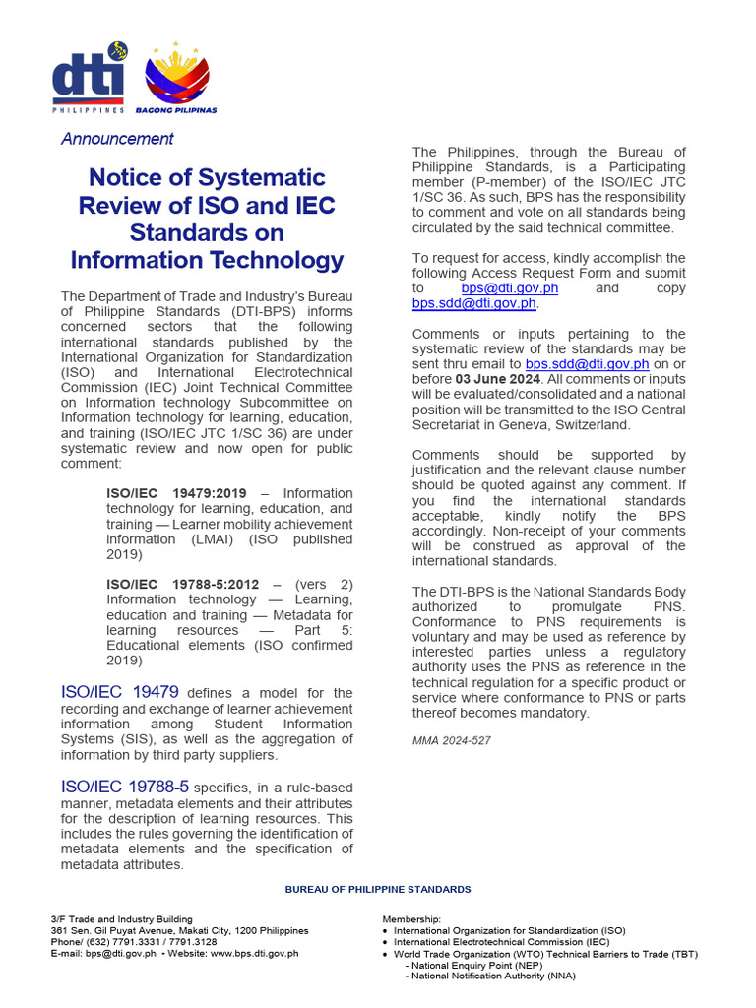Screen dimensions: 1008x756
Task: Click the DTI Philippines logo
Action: (90, 80)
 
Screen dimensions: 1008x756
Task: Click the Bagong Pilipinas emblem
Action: (177, 79)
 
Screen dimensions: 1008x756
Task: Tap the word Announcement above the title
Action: (117, 139)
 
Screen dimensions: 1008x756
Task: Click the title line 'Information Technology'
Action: (207, 260)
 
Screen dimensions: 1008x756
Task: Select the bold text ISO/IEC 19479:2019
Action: (177, 493)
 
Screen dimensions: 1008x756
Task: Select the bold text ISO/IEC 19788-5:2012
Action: (183, 585)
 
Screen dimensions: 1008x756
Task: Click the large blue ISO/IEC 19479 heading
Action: (120, 693)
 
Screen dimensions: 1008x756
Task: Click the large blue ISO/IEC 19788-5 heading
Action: (125, 787)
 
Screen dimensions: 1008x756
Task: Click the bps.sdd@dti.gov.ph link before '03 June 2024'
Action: (587, 364)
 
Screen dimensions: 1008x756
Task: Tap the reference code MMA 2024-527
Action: (452, 740)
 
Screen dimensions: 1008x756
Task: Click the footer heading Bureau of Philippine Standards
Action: (378, 889)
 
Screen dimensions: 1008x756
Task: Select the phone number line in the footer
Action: (134, 942)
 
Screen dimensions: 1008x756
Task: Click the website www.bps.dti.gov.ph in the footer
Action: (253, 953)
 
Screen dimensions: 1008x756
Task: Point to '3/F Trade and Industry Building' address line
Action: (122, 919)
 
